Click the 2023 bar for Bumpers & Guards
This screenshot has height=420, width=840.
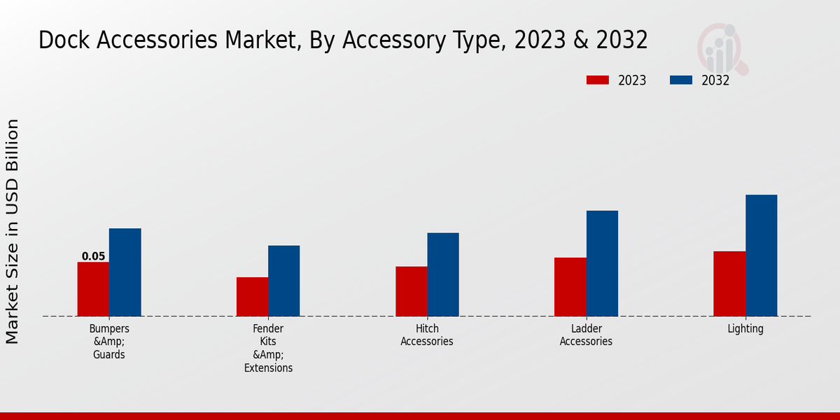93,289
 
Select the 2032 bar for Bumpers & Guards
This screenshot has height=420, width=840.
125,272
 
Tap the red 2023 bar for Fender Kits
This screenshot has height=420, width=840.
252,297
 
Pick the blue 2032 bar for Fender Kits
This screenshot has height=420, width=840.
283,281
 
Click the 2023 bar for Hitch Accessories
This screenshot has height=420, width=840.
411,291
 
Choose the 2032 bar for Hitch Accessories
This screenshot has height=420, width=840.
443,274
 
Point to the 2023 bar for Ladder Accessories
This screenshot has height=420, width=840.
570,287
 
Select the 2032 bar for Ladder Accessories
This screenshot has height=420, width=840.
602,263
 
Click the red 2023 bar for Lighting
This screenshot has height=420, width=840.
729,283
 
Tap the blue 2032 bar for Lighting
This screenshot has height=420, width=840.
761,255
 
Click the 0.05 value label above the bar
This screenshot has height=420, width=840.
93,256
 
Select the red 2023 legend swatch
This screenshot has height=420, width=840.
597,80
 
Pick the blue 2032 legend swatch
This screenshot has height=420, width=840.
681,80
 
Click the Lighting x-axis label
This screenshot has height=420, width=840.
745,328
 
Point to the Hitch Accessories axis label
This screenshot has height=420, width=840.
427,335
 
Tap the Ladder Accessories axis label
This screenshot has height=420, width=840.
586,335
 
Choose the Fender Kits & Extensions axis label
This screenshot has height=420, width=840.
268,348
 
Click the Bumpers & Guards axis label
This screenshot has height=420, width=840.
109,341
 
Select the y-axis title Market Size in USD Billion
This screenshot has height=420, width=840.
13,231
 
